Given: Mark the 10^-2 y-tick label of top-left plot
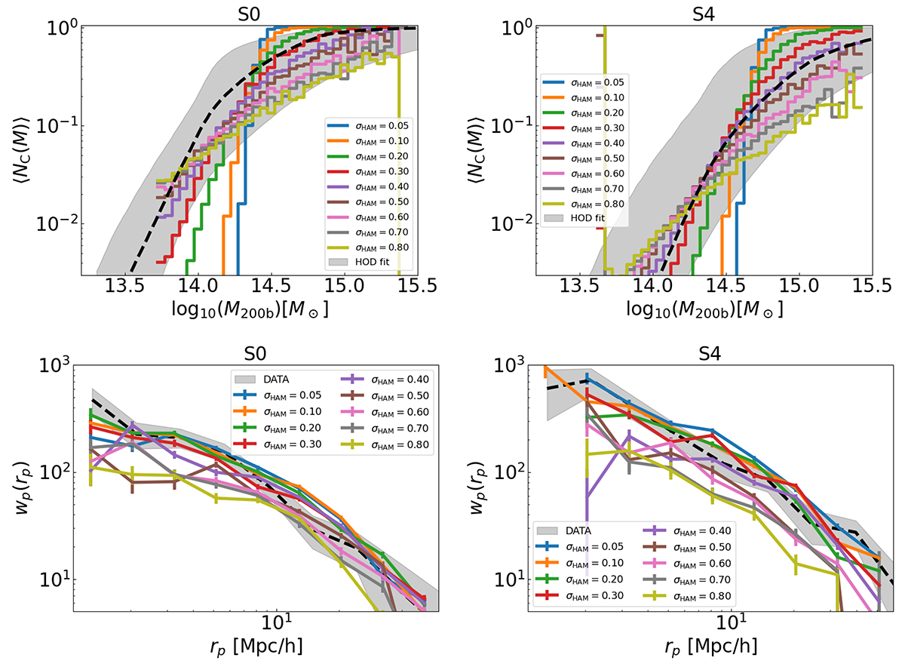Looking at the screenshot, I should click(54, 224).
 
